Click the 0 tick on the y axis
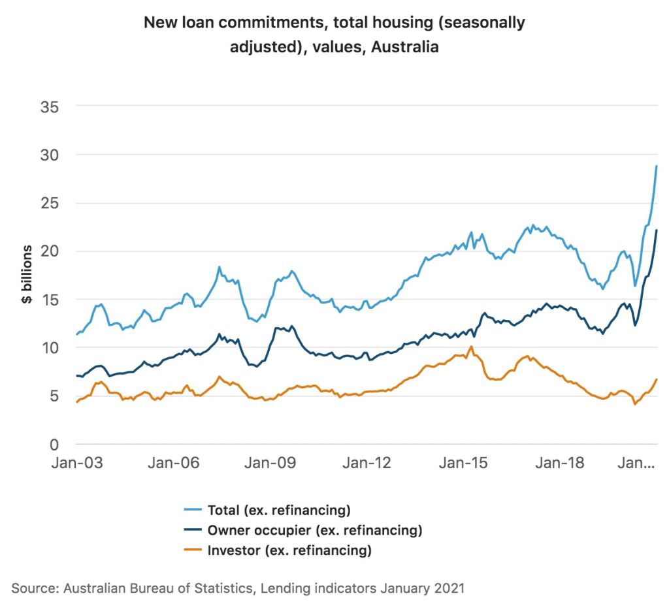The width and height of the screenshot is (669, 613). tap(55, 445)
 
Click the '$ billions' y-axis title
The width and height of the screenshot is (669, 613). tap(27, 275)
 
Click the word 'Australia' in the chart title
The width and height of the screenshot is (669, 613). tap(404, 47)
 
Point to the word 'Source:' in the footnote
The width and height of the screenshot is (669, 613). tap(35, 588)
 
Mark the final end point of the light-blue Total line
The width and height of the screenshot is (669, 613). tap(657, 166)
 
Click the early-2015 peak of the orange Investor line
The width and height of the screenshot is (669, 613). tap(471, 347)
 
